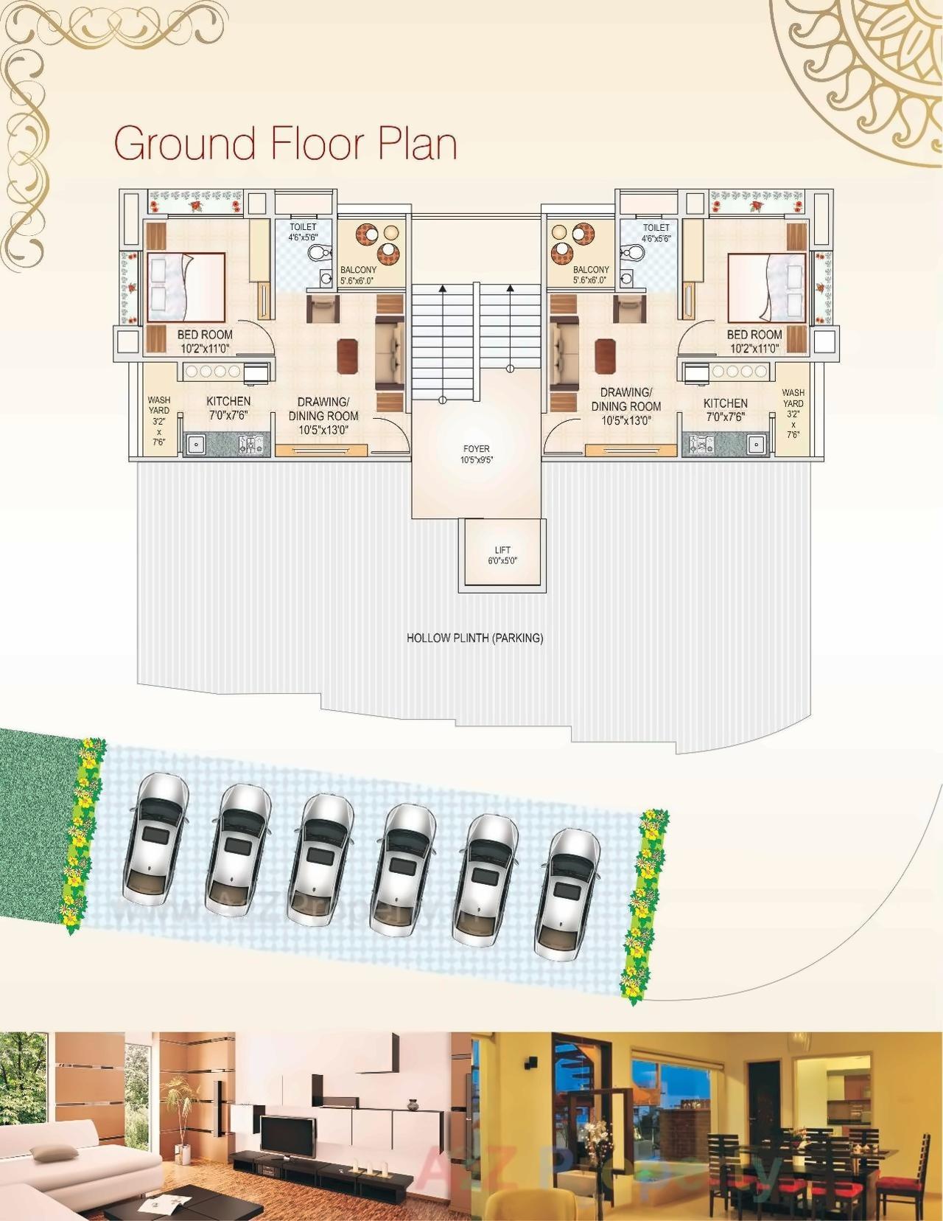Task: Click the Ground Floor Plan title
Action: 286,143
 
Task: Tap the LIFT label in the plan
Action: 502,550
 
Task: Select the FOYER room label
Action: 476,448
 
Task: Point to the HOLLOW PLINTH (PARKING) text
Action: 475,638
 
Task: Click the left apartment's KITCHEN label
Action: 228,401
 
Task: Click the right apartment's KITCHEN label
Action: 725,403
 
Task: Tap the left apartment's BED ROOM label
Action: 205,335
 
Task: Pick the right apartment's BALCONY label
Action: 591,270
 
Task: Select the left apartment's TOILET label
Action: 303,227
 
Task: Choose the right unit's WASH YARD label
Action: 793,398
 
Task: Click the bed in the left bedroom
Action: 186,287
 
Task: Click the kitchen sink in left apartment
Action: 196,445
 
